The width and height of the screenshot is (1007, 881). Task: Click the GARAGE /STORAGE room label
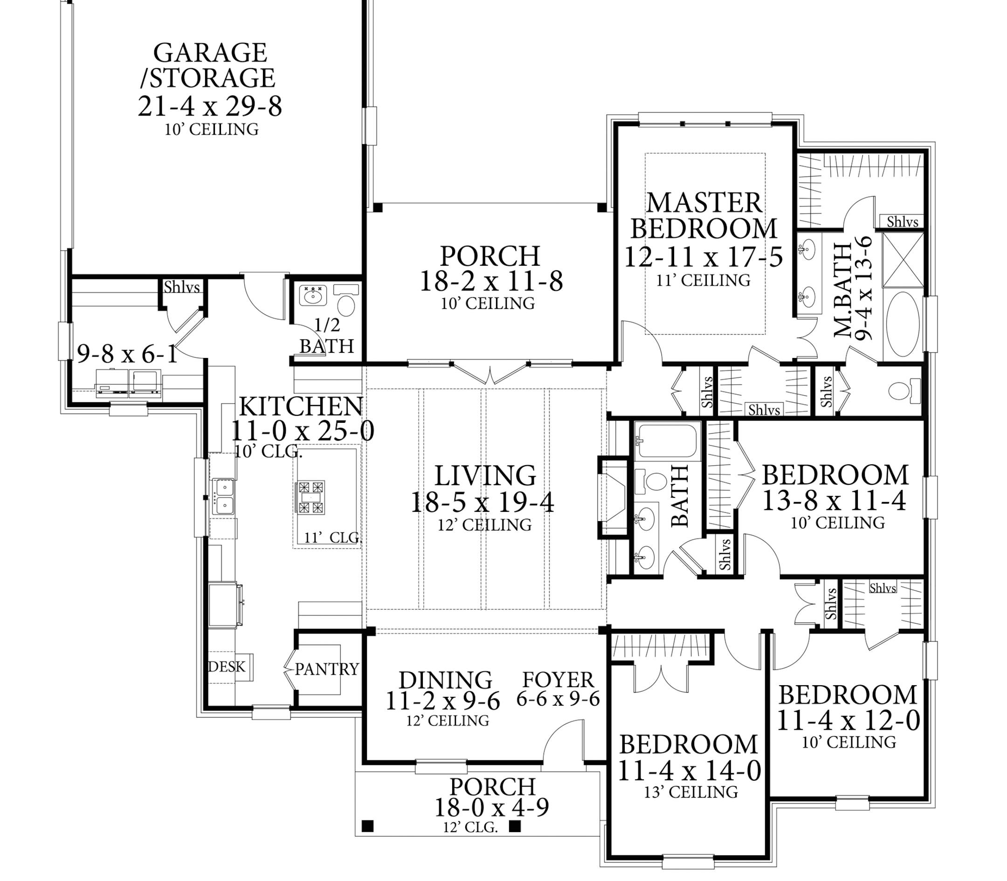coord(210,65)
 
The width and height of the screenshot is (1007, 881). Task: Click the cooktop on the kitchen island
coord(310,497)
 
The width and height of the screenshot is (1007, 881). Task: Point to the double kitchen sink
coord(223,496)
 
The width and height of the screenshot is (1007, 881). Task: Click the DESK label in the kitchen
coord(226,667)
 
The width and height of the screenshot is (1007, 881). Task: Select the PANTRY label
coord(327,669)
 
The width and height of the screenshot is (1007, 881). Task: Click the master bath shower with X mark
coord(904,260)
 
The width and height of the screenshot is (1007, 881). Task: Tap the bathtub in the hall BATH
coord(666,440)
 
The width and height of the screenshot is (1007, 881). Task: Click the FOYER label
coord(558,680)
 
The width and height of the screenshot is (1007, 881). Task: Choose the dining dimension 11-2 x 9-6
coord(442,701)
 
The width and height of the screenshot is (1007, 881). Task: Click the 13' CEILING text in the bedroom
coord(691,792)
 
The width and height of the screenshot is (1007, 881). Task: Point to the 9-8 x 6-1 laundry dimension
coord(127,353)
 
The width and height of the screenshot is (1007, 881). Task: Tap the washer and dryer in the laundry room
coord(129,383)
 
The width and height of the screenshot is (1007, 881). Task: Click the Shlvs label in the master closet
coord(902,222)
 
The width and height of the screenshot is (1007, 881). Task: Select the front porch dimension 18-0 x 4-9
coord(492,807)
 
